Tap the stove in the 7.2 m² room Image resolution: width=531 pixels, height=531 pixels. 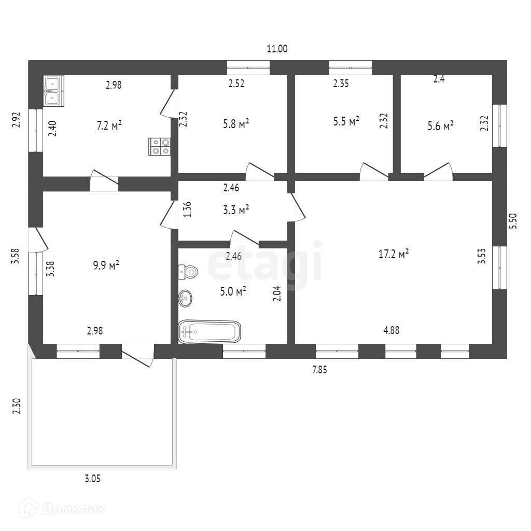(160, 146)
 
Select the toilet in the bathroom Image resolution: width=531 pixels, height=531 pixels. (188, 271)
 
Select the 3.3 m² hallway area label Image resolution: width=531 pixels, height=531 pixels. (235, 210)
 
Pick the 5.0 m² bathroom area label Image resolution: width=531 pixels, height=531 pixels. (233, 292)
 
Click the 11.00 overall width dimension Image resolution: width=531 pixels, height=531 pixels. (277, 49)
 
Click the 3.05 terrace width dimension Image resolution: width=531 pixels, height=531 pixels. (92, 479)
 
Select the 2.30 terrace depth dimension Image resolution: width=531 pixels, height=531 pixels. (17, 405)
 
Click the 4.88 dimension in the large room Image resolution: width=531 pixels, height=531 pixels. (392, 330)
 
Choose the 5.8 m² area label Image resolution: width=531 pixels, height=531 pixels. (235, 123)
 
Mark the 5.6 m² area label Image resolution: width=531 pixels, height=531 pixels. (441, 125)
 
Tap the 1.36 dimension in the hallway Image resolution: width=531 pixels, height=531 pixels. (188, 209)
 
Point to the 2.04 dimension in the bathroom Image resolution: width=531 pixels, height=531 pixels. (277, 293)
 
